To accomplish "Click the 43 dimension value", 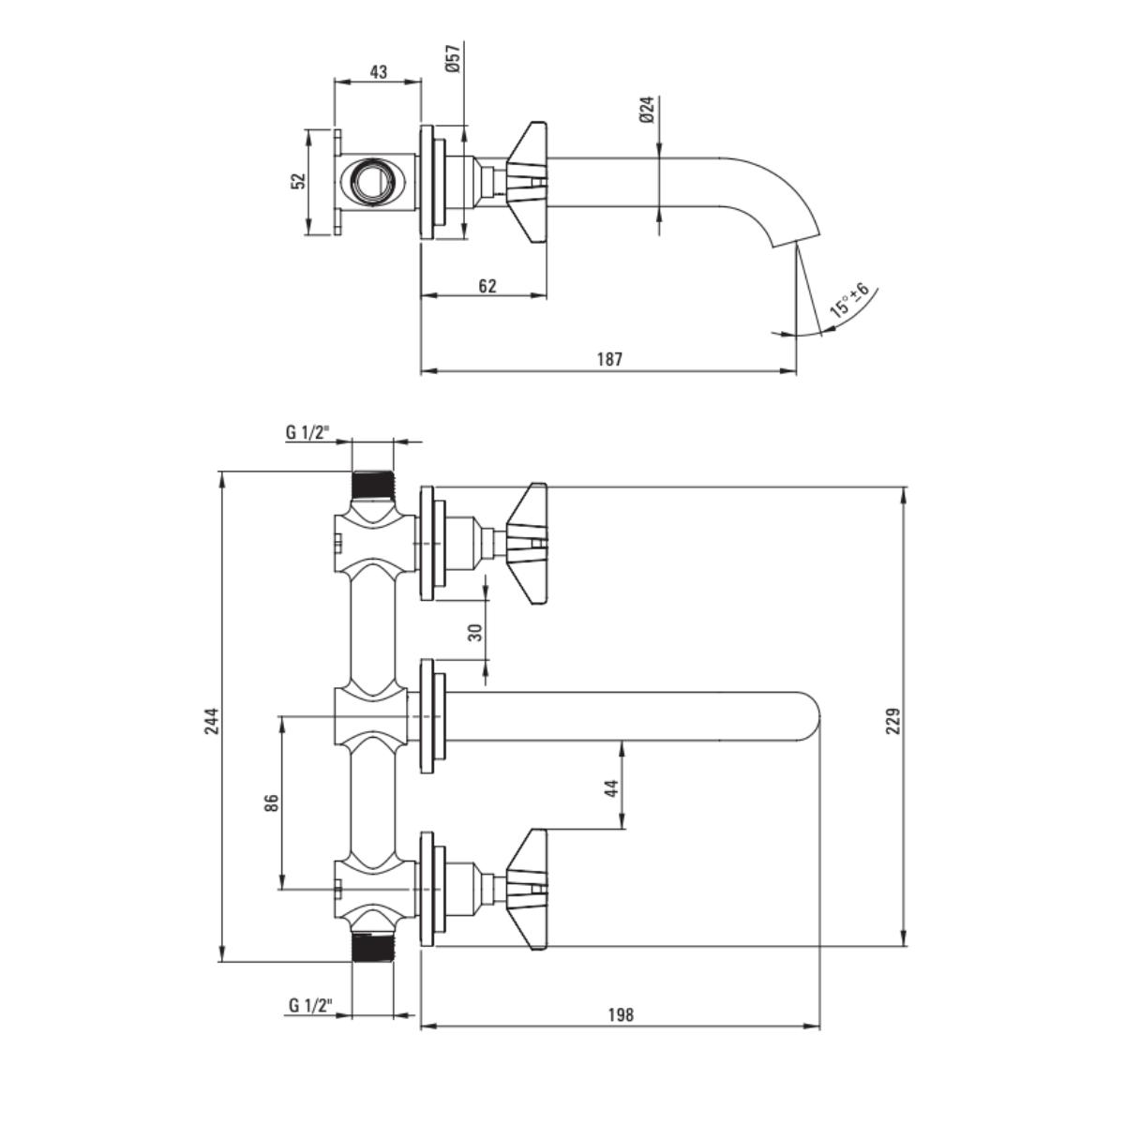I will coord(378,72).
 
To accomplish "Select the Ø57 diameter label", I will coord(452,59).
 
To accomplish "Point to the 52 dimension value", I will coord(298,181).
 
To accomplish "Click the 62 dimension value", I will coord(487,286).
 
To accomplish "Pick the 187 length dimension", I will coord(609,359).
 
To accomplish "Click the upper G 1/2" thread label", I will coord(307,432).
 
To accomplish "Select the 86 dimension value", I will coord(272,802).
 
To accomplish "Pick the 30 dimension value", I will coord(475,632).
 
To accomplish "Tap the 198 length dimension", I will coord(621,1014).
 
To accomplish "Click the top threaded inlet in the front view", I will coord(373,485).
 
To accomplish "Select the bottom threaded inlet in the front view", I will coord(373,947).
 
